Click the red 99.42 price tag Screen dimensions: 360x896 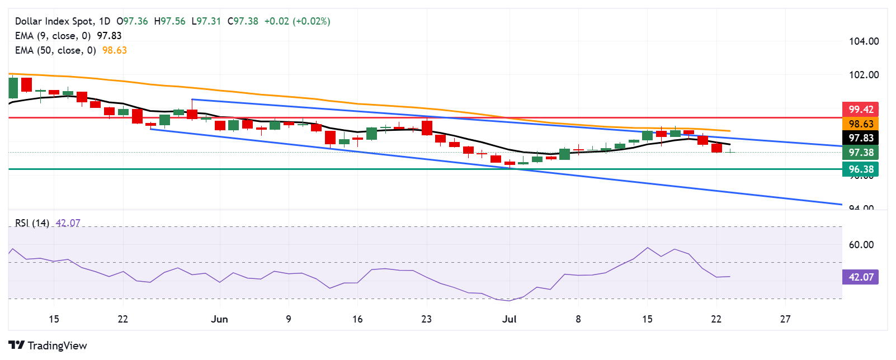click(860, 110)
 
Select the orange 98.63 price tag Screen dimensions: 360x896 click(860, 124)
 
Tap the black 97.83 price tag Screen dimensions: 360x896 click(860, 138)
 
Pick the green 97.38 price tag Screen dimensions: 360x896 click(860, 153)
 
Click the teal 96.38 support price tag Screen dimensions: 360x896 click(860, 169)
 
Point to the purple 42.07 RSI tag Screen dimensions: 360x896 click(860, 277)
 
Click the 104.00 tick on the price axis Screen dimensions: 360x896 click(864, 41)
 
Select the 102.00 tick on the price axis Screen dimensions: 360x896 click(864, 75)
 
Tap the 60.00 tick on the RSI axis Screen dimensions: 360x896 click(861, 245)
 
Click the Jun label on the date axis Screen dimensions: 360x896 click(219, 319)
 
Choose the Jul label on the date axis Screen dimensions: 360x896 click(509, 319)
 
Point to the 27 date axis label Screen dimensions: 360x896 click(785, 319)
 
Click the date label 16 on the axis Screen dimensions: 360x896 click(357, 319)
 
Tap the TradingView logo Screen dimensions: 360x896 click(48, 345)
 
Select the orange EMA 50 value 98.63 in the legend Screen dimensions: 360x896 click(115, 50)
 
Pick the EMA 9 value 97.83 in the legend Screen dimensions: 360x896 click(109, 36)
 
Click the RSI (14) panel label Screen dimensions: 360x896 click(32, 223)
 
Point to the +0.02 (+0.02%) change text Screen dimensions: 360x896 click(297, 21)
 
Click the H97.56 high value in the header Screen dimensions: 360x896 click(169, 21)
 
